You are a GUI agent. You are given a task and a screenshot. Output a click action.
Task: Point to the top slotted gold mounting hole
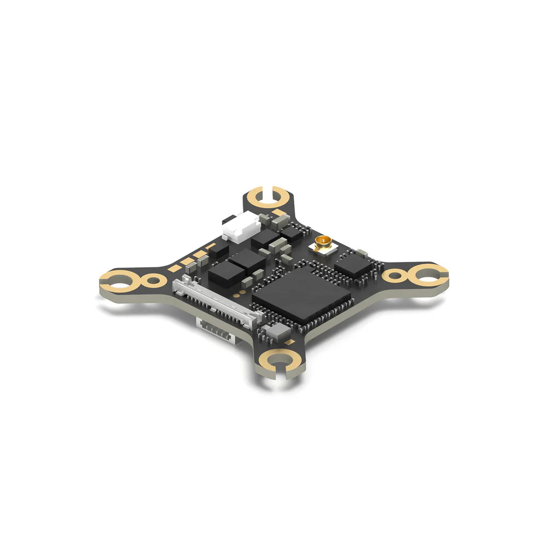(267, 196)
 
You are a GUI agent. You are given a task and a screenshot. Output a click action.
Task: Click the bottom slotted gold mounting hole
(280, 360)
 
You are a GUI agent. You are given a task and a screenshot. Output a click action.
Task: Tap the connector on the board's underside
(216, 328)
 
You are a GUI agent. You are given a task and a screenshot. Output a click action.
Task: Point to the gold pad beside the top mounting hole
(279, 212)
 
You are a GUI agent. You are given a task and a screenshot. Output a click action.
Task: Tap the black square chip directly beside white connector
(266, 238)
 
